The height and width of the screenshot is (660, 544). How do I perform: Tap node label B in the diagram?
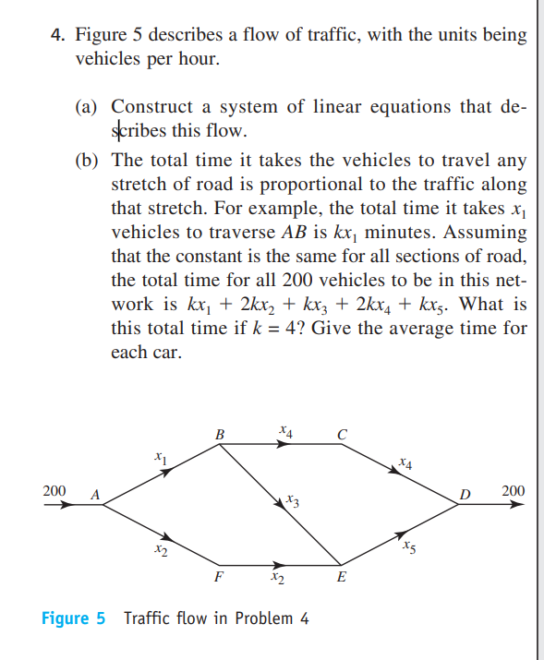click(219, 432)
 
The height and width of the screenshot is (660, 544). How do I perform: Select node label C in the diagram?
click(342, 432)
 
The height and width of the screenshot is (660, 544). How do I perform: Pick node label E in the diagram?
click(342, 578)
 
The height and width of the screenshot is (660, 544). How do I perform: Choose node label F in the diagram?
click(218, 578)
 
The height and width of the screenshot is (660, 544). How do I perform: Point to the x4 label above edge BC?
click(285, 429)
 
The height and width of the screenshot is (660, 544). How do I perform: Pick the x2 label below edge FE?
click(277, 579)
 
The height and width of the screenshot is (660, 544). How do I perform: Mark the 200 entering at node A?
click(54, 490)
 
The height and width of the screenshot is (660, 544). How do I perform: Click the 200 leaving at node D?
click(513, 490)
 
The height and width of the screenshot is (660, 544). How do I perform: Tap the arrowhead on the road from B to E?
click(281, 504)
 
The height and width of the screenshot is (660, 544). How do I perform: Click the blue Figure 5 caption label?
click(74, 618)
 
